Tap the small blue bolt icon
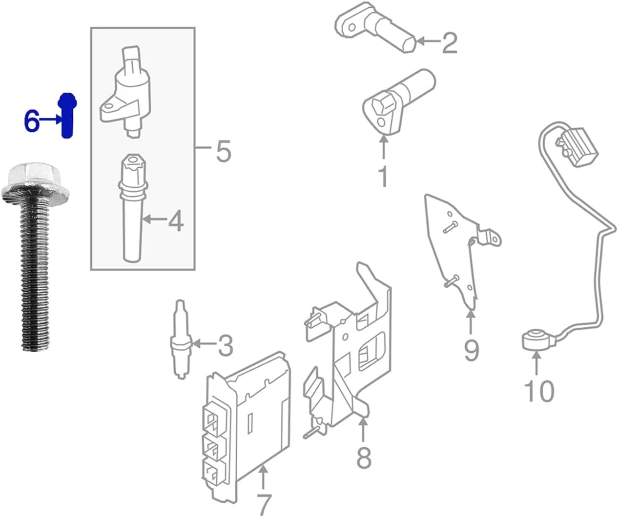(66, 116)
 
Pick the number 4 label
(175, 221)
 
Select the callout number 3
(224, 346)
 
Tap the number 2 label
(449, 43)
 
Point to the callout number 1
(384, 177)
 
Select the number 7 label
(263, 503)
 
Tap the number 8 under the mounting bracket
(364, 457)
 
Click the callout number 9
(471, 350)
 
